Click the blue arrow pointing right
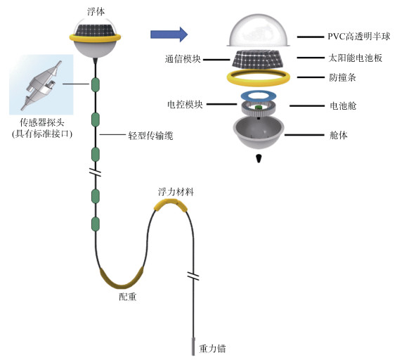coord(169,34)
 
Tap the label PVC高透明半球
coord(359,37)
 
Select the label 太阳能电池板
coord(356,58)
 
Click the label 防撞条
coord(342,77)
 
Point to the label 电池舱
coord(343,105)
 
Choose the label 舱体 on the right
coord(339,135)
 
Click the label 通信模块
coord(183,59)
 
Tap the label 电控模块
coord(185,104)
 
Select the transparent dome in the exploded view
coord(259,30)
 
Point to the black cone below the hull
coord(259,158)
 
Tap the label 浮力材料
coord(176,192)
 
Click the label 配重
coord(128,297)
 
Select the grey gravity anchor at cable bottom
coord(193,346)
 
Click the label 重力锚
coord(212,349)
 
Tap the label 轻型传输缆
coord(150,136)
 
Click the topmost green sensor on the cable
coord(95,85)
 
